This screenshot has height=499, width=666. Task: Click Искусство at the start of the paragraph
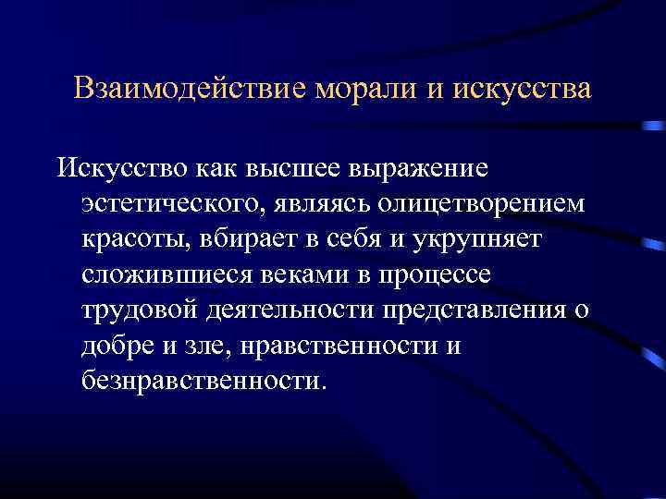pyautogui.click(x=120, y=169)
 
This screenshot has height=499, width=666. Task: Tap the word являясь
pyautogui.click(x=319, y=204)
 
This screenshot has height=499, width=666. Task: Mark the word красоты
pyautogui.click(x=135, y=239)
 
